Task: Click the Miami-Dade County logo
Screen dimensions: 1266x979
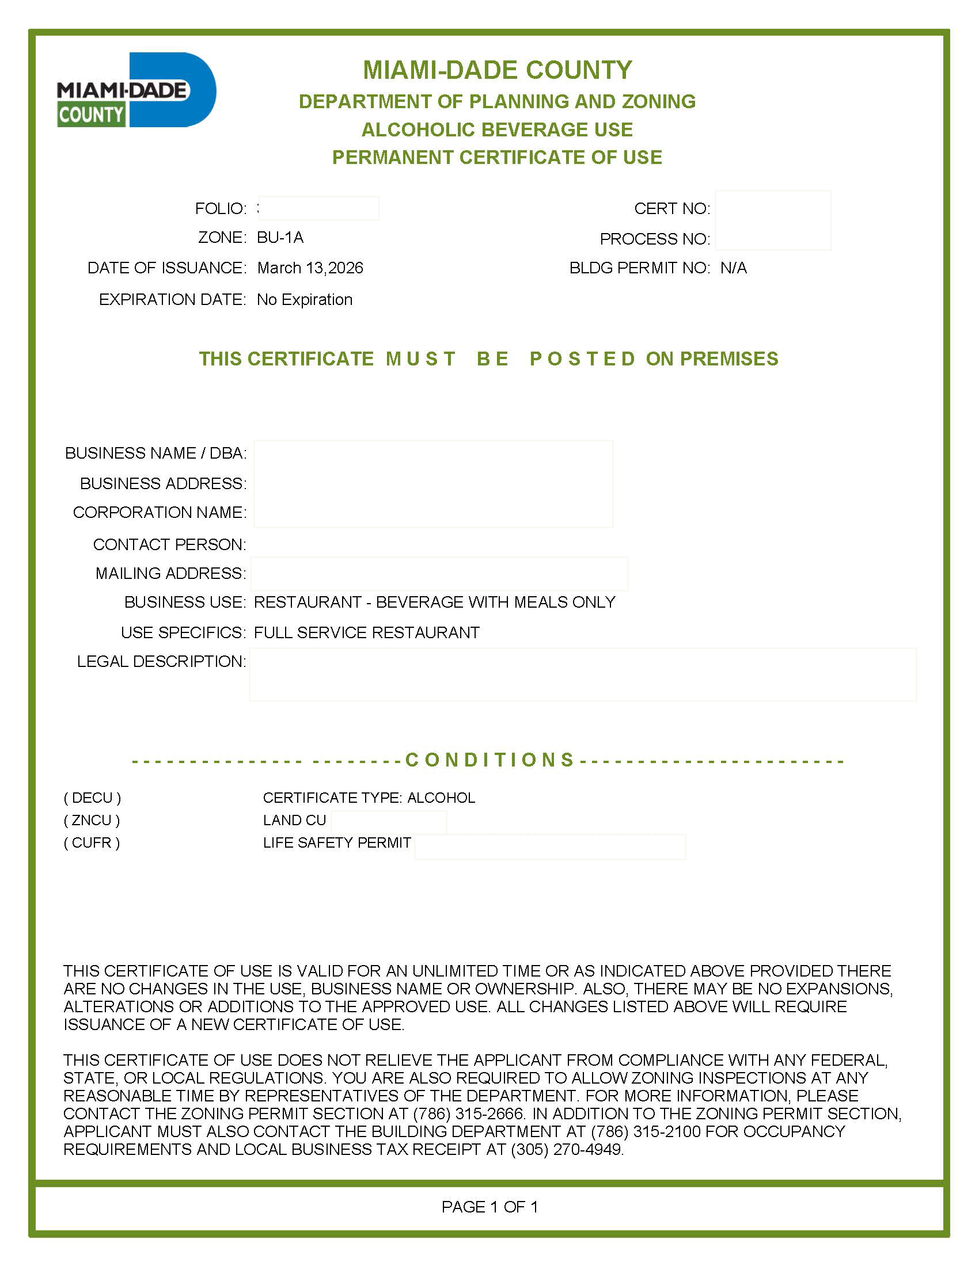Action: pyautogui.click(x=136, y=90)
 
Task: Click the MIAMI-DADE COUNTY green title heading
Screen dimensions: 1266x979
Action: pyautogui.click(x=497, y=70)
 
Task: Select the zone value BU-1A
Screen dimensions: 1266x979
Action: pyautogui.click(x=280, y=238)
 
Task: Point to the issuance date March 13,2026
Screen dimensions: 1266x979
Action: pyautogui.click(x=310, y=268)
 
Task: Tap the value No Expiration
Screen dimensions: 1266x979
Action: pyautogui.click(x=305, y=300)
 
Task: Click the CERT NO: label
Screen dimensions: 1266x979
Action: pyautogui.click(x=671, y=209)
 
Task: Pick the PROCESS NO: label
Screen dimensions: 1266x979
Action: pyautogui.click(x=654, y=239)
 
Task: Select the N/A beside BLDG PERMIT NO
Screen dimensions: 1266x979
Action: pyautogui.click(x=734, y=268)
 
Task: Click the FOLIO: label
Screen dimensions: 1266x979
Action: pyautogui.click(x=221, y=209)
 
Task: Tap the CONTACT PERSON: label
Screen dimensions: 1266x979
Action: pyautogui.click(x=169, y=545)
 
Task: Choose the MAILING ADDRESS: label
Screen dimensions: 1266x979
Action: pyautogui.click(x=170, y=574)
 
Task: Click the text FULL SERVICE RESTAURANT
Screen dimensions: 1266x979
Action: pyautogui.click(x=366, y=632)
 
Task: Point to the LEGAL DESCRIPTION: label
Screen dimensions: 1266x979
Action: pyautogui.click(x=161, y=661)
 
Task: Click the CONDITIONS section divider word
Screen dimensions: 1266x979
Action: pyautogui.click(x=490, y=760)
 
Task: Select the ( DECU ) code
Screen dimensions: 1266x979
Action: pyautogui.click(x=92, y=798)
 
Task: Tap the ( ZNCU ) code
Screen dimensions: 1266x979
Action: pyautogui.click(x=92, y=821)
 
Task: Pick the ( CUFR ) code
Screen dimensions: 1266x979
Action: pyautogui.click(x=92, y=843)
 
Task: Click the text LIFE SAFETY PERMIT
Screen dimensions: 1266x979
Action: pyautogui.click(x=337, y=843)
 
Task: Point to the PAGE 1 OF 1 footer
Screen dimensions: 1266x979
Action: pyautogui.click(x=490, y=1207)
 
